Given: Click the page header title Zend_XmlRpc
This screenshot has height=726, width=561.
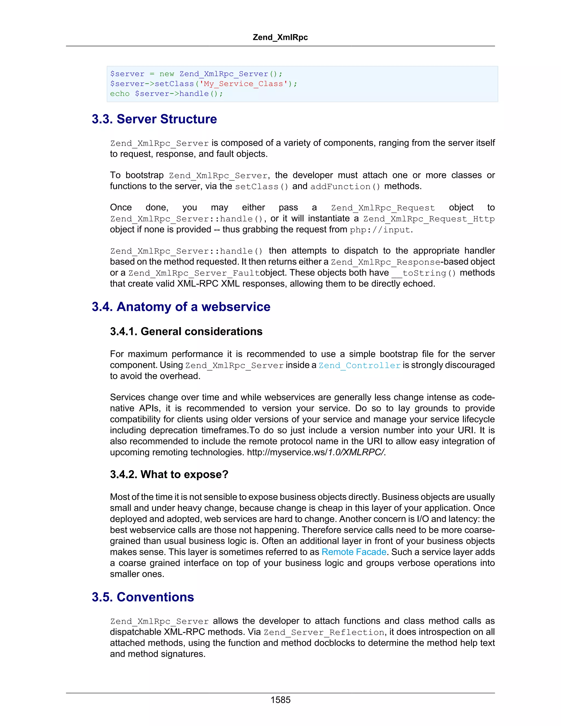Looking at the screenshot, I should (280, 37).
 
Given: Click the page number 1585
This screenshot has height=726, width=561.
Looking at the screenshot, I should (280, 700).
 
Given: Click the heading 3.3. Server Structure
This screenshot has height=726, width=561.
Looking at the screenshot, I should (154, 119).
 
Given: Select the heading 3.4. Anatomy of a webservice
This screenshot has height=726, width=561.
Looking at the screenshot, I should (181, 307).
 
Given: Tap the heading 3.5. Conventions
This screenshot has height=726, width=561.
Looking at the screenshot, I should (143, 597).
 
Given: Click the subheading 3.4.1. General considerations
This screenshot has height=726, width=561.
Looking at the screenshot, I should (186, 331).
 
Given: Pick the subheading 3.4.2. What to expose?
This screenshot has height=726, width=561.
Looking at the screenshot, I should (169, 474).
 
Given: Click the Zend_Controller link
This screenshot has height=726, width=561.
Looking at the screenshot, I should (360, 365).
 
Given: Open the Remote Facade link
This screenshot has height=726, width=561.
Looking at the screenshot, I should (354, 552).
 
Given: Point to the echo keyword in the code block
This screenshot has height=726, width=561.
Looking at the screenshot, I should (120, 94).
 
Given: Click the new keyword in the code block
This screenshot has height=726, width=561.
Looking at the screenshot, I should (167, 74).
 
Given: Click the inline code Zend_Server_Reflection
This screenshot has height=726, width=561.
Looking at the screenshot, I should (324, 632).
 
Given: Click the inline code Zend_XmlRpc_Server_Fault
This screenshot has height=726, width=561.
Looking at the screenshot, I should (194, 273).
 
